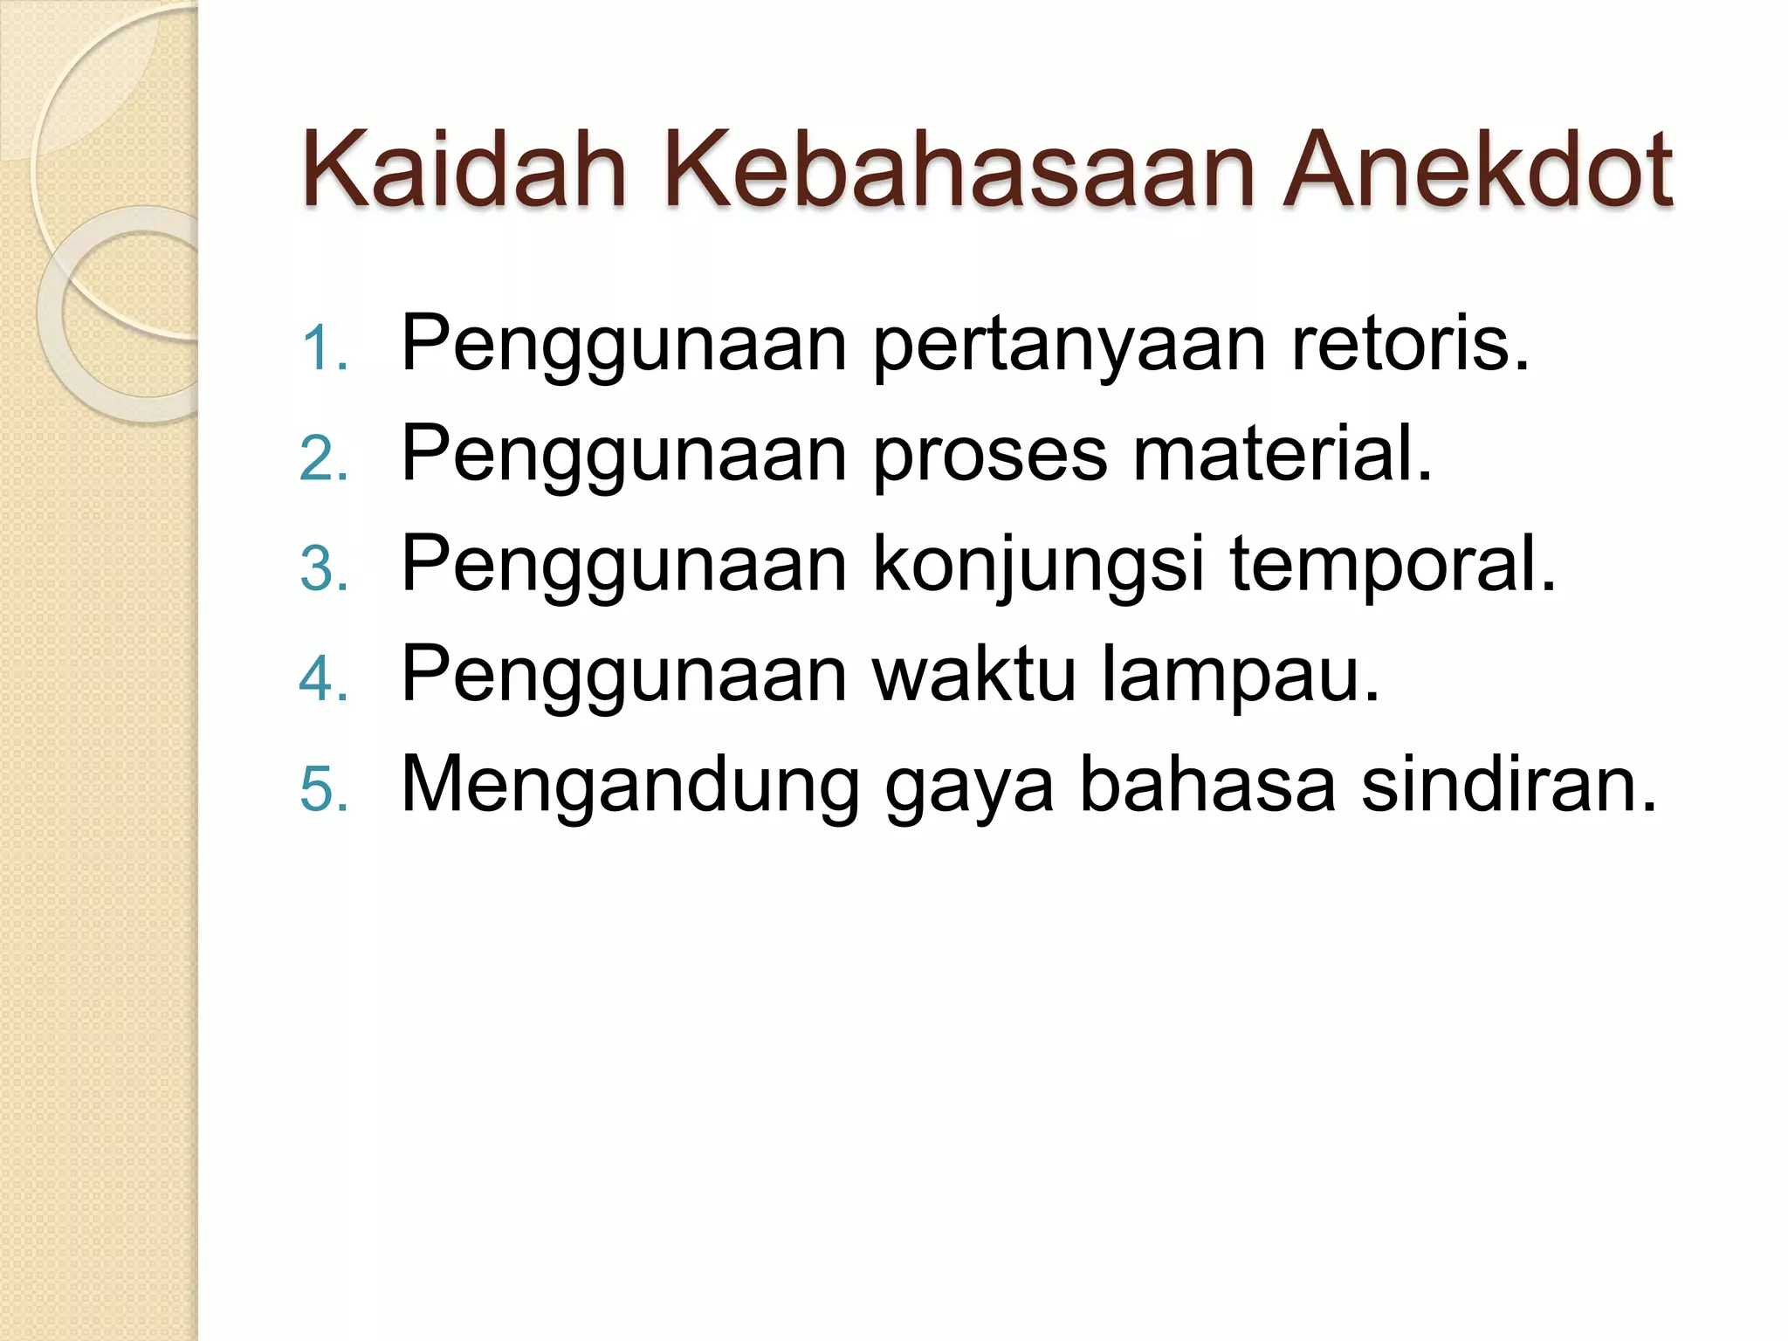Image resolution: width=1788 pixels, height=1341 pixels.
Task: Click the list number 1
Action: [324, 348]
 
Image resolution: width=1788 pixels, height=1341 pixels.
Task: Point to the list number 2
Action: [324, 458]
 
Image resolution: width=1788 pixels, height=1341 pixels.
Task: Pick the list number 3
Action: [324, 568]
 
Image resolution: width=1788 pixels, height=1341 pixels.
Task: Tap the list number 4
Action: [324, 678]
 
